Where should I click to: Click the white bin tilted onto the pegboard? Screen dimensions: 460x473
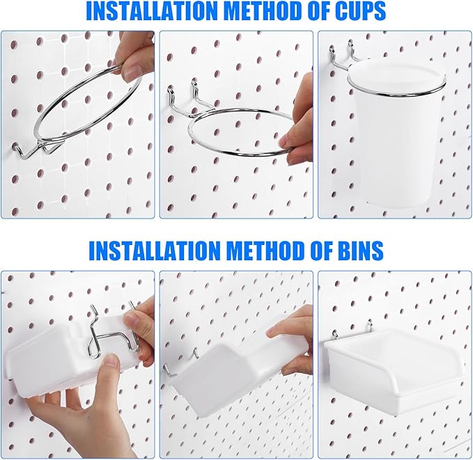[x=223, y=369]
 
